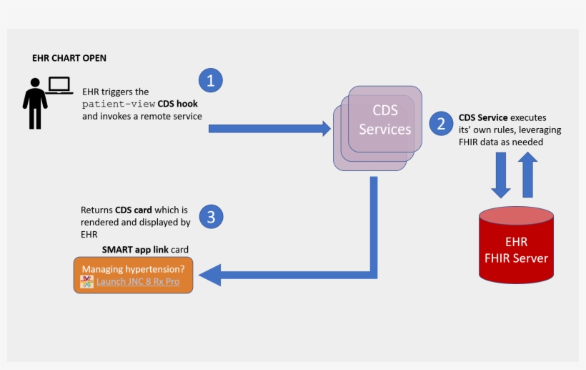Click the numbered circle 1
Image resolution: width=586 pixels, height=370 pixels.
[x=210, y=80]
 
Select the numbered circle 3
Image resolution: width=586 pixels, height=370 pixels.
[x=211, y=216]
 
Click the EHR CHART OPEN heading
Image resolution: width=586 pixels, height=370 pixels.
[x=69, y=58]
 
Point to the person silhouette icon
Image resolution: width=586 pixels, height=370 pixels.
[x=34, y=106]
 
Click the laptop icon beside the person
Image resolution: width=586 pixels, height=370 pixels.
[x=60, y=86]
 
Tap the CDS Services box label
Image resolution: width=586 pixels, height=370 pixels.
[x=384, y=120]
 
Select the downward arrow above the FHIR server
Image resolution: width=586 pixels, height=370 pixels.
[x=500, y=176]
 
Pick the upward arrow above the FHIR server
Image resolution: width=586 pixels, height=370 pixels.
[x=527, y=176]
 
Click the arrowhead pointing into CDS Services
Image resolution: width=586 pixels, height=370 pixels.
[x=325, y=129]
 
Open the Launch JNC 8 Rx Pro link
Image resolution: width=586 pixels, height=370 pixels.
[x=138, y=282]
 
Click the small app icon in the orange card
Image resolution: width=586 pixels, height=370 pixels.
[x=87, y=282]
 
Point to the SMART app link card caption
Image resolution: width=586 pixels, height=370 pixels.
[x=149, y=249]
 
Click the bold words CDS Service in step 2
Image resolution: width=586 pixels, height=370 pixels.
[x=483, y=118]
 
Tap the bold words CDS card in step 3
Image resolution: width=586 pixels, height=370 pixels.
[x=134, y=210]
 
